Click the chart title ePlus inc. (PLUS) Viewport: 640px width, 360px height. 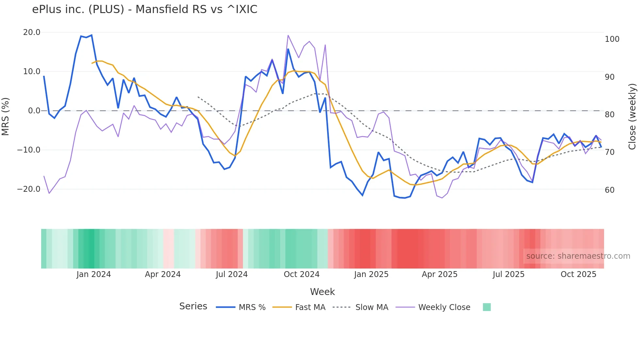click(x=144, y=9)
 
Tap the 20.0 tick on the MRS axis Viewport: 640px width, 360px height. click(x=32, y=32)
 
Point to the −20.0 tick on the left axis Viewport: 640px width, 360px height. click(x=29, y=189)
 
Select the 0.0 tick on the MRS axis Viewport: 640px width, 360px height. click(x=34, y=111)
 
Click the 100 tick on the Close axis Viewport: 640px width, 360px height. click(x=612, y=39)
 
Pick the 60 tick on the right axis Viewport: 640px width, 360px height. click(x=610, y=190)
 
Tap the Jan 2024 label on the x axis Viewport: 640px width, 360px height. click(x=94, y=274)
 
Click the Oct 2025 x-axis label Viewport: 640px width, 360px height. click(x=578, y=274)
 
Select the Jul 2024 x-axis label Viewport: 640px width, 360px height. click(x=232, y=274)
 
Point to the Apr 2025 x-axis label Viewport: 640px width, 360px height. click(x=440, y=274)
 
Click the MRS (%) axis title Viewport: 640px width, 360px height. click(x=6, y=116)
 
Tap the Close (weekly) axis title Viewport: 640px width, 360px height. click(x=632, y=116)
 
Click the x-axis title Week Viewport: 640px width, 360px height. click(x=322, y=292)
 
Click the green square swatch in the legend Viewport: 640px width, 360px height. click(x=487, y=307)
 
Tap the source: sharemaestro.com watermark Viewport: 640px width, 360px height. click(x=578, y=256)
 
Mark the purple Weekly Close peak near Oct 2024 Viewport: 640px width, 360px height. click(x=288, y=35)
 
